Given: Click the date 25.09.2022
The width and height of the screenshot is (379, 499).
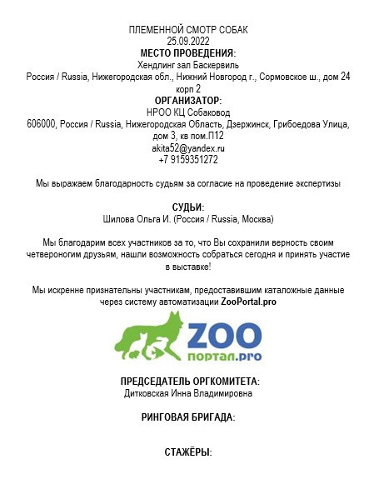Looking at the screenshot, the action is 188,41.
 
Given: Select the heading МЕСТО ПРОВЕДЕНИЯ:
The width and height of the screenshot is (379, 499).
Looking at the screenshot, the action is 188,52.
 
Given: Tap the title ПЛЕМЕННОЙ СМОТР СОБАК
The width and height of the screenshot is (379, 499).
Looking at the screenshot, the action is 188,30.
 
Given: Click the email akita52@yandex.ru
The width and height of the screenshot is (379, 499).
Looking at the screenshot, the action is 188,147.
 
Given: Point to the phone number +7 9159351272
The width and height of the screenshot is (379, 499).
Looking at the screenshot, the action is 188,159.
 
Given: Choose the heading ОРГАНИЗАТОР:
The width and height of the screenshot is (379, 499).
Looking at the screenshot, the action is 188,100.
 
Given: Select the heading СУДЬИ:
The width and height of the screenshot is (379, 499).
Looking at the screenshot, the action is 188,207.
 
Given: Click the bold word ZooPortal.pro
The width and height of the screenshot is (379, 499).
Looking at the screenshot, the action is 247,302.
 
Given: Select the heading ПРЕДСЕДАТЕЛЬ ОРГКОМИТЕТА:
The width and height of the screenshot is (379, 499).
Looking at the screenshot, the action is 188,381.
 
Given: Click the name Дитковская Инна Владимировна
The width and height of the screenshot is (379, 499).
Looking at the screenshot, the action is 188,392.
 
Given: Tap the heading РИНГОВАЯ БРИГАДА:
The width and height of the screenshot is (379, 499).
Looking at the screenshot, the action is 188,417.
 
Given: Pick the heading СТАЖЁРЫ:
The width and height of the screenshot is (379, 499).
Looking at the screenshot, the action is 188,452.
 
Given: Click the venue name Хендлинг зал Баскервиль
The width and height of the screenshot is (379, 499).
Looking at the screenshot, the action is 188,64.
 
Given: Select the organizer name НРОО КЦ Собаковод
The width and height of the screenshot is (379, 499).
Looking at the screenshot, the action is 188,112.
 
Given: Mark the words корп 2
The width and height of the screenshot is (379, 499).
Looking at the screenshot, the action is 188,87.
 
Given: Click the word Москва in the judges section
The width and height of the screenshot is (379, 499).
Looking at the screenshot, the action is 255,219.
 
